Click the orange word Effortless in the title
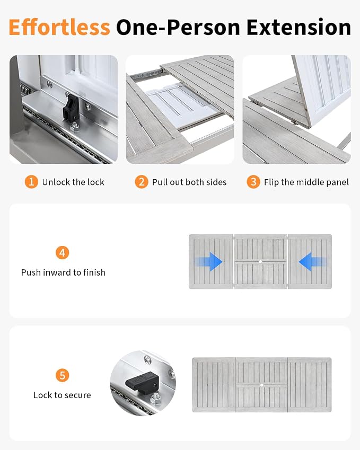(59, 28)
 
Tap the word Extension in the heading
(298, 28)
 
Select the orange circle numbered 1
(31, 182)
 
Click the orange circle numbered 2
(141, 182)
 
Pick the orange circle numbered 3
(253, 182)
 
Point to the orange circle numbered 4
(62, 252)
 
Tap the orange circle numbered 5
(62, 375)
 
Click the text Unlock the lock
(73, 182)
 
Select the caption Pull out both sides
(189, 182)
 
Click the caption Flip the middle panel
(306, 182)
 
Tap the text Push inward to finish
(63, 272)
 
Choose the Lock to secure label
(62, 395)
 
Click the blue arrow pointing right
(209, 261)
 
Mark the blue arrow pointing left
(312, 261)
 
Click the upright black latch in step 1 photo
(71, 108)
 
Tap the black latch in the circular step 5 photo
(142, 382)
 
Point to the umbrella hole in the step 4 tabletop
(260, 262)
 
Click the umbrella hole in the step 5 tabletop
(262, 385)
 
